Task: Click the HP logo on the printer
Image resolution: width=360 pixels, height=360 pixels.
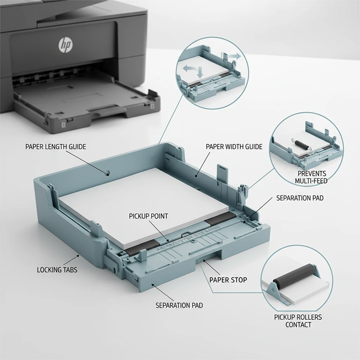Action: [65, 45]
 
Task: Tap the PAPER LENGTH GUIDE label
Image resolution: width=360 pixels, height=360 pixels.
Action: [56, 147]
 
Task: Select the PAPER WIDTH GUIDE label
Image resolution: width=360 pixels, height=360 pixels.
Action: [234, 147]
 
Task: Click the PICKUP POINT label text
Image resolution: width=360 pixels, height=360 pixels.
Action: [148, 216]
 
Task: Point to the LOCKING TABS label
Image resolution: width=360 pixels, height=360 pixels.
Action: [57, 270]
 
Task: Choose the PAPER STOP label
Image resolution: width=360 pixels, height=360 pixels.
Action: [228, 279]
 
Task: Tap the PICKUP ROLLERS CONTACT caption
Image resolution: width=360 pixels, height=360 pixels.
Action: [298, 321]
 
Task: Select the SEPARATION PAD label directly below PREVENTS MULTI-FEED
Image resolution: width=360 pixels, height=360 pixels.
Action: [300, 198]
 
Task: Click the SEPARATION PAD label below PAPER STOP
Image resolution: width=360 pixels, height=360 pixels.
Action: [179, 305]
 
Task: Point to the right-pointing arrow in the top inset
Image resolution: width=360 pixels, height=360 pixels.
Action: [233, 54]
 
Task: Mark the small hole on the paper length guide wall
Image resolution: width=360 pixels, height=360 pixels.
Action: [108, 173]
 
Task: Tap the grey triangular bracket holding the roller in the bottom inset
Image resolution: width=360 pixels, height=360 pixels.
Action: [272, 293]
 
